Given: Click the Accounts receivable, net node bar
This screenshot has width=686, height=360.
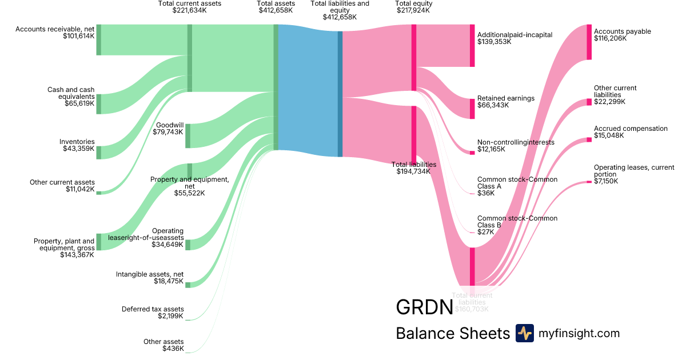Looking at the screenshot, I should pos(98,40).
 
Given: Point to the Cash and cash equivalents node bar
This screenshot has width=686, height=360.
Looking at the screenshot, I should pos(98,103).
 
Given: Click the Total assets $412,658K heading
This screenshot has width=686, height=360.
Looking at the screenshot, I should pos(276,7).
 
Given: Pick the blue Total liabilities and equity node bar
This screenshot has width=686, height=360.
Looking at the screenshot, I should pos(340,94).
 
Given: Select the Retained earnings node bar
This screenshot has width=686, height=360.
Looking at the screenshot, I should pos(472,109).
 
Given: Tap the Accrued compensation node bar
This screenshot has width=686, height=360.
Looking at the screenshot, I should pos(589,139).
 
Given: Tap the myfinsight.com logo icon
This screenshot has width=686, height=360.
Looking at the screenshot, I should pos(524,333).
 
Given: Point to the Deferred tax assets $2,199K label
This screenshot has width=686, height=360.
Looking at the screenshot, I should pos(153,313).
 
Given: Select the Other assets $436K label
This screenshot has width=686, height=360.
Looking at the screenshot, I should pos(163,345).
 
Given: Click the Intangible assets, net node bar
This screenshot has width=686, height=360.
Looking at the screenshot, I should pos(188,285).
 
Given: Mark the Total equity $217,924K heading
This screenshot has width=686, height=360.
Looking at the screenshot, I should pos(413,7).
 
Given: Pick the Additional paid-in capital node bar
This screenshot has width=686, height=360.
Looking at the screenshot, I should pos(472,46).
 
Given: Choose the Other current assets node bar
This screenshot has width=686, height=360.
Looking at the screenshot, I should pos(98,193).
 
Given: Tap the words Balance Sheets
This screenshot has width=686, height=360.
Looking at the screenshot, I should pos(452,333).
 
